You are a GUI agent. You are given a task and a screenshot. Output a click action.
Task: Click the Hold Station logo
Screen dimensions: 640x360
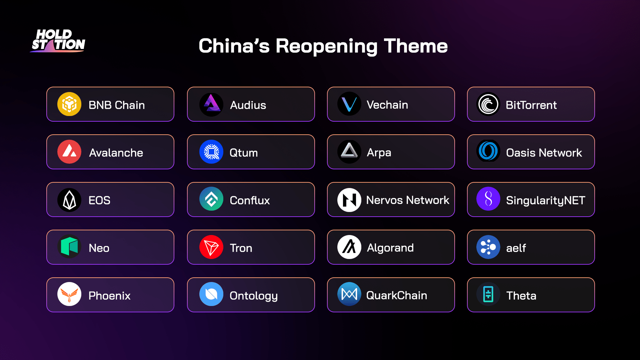click(58, 41)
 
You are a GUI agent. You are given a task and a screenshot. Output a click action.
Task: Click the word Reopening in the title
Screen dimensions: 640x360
click(326, 46)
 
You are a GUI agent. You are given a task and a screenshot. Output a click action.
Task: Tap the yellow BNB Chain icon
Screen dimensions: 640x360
click(69, 104)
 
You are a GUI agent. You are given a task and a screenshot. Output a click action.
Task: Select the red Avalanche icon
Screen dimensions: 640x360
click(69, 152)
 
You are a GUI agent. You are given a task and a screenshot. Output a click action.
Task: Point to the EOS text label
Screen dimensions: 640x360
click(99, 200)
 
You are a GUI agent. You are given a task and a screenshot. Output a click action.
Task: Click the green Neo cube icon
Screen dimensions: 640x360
click(69, 247)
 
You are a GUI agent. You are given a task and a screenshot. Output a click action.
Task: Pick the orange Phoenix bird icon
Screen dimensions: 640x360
click(69, 294)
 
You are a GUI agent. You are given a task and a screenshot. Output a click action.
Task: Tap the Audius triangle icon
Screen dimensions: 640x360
click(211, 104)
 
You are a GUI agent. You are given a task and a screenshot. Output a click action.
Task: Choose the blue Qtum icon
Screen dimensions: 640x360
click(211, 152)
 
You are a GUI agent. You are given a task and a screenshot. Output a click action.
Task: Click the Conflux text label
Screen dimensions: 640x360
click(250, 200)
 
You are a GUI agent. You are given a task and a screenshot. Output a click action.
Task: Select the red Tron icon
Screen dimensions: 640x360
click(211, 247)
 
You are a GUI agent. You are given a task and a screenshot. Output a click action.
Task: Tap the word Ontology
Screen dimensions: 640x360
click(254, 296)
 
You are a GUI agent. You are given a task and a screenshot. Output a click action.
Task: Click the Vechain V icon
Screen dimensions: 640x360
click(349, 104)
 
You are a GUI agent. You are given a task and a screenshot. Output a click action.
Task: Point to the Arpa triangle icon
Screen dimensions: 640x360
click(349, 152)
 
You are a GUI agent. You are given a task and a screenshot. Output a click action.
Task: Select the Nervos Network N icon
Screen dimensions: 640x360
click(349, 200)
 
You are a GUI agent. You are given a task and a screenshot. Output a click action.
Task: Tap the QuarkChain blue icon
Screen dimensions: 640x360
click(349, 294)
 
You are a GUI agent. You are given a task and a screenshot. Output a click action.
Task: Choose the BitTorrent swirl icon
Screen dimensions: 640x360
click(488, 104)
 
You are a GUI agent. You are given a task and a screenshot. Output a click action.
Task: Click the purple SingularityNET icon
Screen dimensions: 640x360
click(488, 199)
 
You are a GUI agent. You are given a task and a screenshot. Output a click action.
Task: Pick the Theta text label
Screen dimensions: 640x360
click(521, 296)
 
